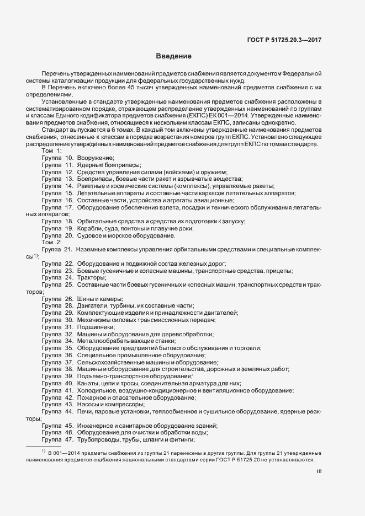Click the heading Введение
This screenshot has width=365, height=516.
coord(173,56)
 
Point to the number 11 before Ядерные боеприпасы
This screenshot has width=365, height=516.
coord(69,165)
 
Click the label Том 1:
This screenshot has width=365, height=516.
coord(52,150)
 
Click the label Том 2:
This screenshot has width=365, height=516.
coord(52,242)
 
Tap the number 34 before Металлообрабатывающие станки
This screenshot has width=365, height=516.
coord(69,341)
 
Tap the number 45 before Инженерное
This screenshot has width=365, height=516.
coord(69,426)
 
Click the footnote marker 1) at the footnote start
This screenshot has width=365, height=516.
coord(43,452)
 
